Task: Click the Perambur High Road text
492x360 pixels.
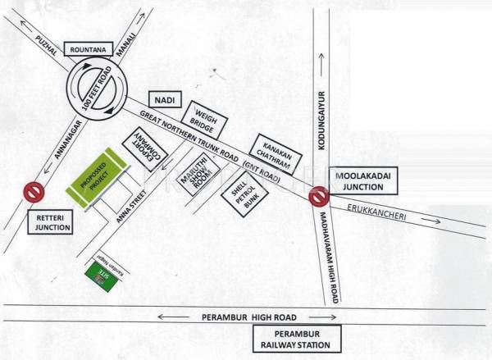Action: [248, 316]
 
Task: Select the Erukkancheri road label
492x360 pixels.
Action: [378, 212]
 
